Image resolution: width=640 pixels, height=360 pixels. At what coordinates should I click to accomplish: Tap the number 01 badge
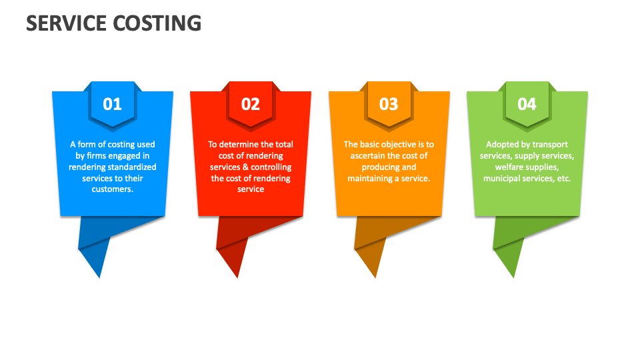point(112,104)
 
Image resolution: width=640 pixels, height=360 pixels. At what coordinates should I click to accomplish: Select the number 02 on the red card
point(250,104)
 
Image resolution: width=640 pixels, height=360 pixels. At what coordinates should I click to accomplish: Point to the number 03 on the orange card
point(389,104)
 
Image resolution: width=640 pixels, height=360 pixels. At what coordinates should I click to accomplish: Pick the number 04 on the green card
point(527,104)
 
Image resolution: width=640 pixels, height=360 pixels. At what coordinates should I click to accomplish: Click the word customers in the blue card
point(111,189)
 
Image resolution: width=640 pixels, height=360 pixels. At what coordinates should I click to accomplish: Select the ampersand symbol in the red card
point(244,167)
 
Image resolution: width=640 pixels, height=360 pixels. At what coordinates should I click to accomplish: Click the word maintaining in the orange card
point(371,178)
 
